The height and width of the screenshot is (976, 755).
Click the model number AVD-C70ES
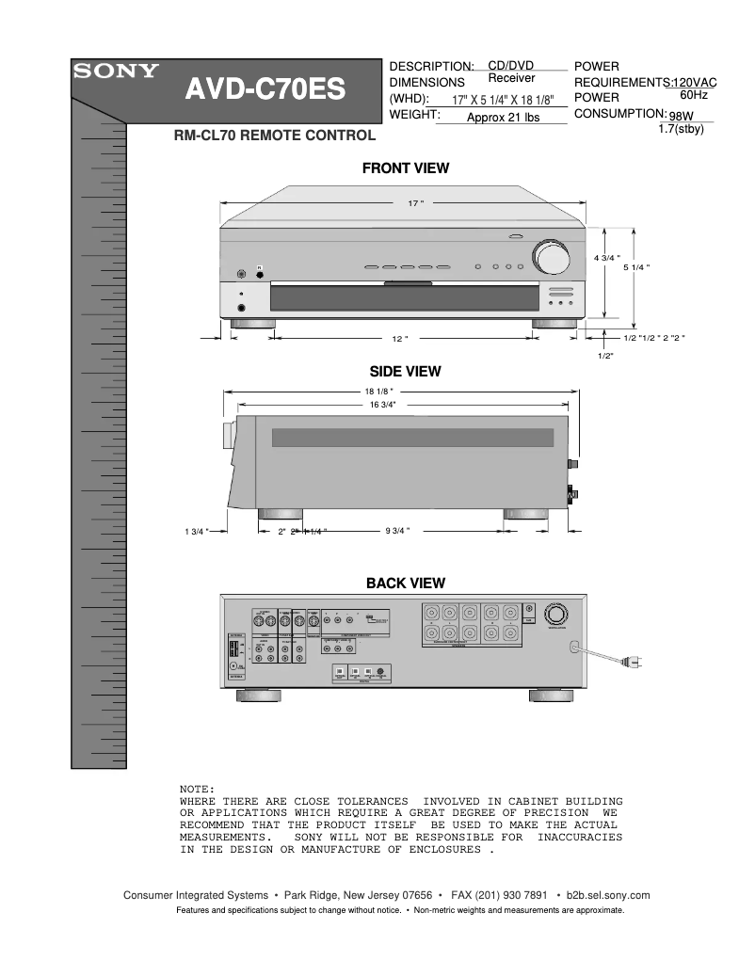[265, 91]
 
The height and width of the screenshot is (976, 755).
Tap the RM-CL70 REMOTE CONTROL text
[275, 136]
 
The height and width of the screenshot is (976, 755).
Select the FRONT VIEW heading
[406, 168]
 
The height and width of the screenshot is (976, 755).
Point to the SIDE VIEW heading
[405, 372]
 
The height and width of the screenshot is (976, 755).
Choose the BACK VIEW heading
[406, 584]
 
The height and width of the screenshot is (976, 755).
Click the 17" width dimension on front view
[415, 203]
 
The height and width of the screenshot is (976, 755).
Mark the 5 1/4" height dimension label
[636, 267]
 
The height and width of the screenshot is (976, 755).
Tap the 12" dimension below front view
[399, 337]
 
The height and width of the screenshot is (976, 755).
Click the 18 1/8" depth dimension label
[378, 391]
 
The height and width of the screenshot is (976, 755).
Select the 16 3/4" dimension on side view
[382, 405]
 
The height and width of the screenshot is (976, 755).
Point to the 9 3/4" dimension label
[397, 532]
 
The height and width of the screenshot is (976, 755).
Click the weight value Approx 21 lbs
[503, 118]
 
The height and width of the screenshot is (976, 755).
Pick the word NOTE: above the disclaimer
[197, 788]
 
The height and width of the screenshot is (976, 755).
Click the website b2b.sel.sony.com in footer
[603, 895]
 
